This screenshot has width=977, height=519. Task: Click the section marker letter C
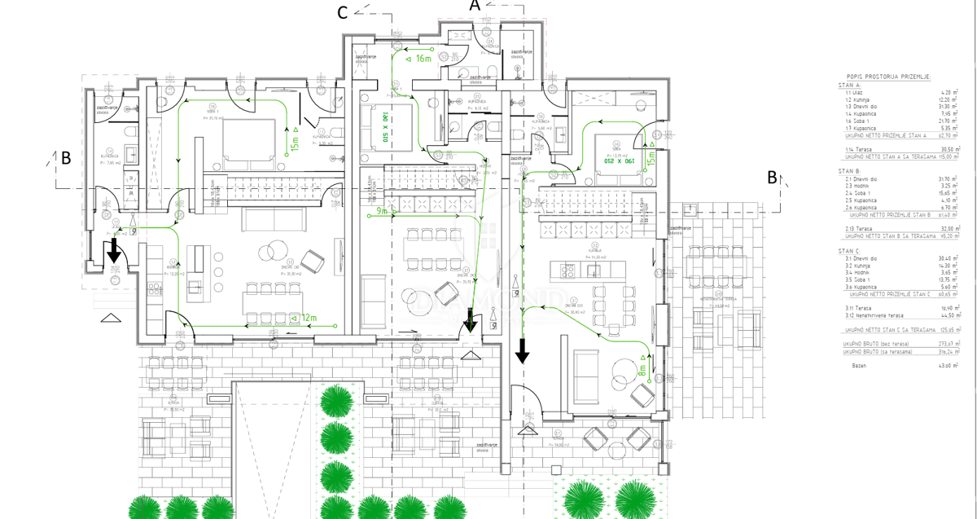(344, 11)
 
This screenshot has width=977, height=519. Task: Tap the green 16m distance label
(423, 59)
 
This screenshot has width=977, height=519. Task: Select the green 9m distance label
(383, 213)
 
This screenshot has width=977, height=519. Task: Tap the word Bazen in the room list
(859, 365)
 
